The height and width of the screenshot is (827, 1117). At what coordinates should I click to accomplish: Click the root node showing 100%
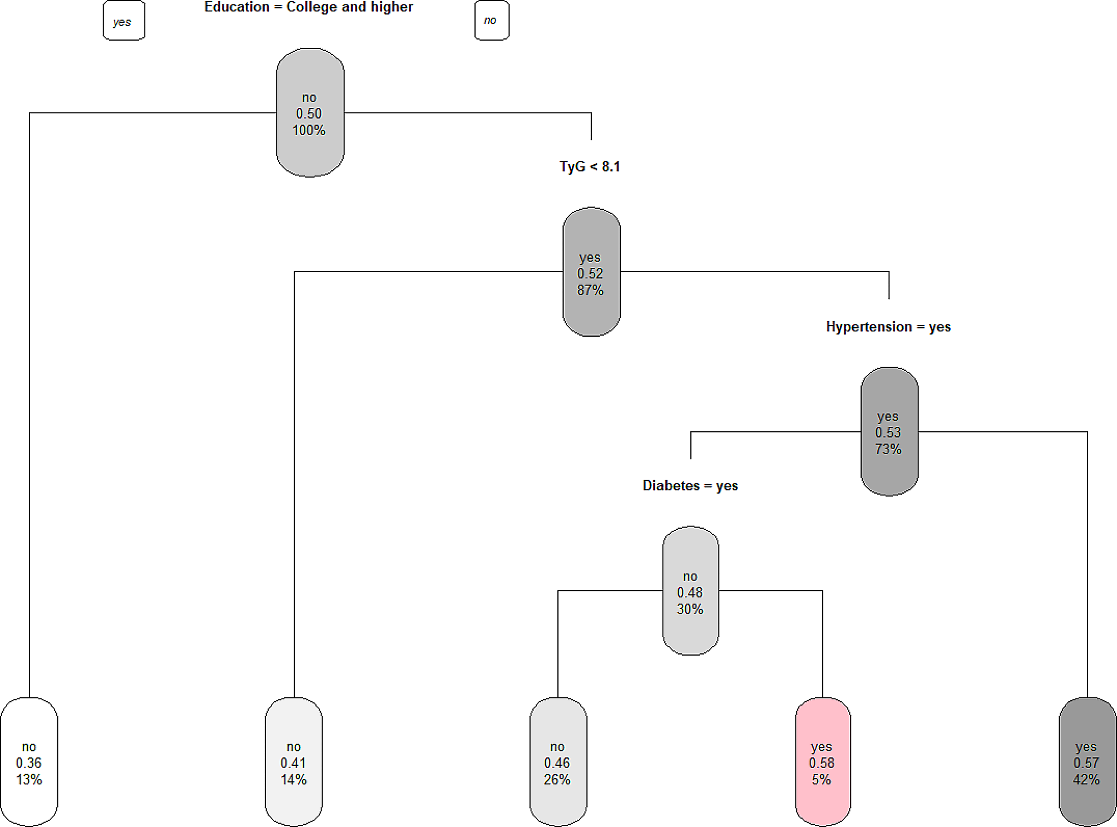310,113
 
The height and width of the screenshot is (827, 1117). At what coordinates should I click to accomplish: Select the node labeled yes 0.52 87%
591,272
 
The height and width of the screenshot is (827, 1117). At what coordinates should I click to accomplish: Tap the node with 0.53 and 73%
889,432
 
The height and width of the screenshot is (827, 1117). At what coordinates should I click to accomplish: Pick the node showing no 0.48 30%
690,591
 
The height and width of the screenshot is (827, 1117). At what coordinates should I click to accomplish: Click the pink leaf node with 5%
822,762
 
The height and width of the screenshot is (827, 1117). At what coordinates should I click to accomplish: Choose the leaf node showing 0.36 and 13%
29,762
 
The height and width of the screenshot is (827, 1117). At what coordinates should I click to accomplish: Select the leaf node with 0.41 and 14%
294,762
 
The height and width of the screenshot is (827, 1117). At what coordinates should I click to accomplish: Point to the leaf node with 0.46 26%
558,762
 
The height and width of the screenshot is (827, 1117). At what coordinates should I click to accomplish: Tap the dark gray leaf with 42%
1087,762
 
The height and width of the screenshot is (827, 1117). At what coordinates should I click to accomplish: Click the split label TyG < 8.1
590,166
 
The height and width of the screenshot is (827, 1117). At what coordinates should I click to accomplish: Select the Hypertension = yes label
888,327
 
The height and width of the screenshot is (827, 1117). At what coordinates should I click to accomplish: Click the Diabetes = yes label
690,486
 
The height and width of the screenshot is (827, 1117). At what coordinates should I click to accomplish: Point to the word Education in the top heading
236,7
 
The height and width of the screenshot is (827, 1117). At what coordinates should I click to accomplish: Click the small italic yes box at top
123,21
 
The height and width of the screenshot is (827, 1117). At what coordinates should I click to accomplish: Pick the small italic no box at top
491,21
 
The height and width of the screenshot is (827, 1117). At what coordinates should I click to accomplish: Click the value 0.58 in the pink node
822,763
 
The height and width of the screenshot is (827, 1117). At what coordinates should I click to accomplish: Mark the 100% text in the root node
309,130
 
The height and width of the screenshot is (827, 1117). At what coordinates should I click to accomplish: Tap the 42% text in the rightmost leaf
1086,780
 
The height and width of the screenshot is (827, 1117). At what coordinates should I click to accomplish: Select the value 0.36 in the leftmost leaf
29,763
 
